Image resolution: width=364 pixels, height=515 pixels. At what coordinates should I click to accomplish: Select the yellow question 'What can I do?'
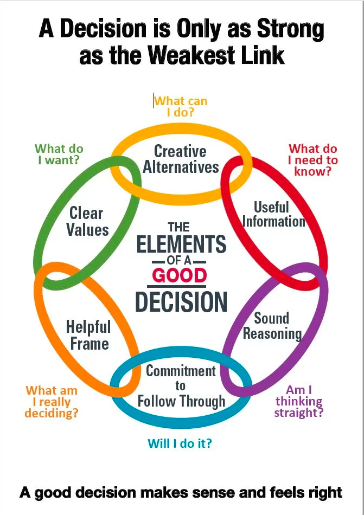181,107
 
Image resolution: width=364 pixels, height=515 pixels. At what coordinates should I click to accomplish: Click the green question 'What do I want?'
59,154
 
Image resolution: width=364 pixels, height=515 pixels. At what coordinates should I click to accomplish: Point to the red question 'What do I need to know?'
312,160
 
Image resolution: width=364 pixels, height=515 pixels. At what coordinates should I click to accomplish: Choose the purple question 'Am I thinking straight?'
298,401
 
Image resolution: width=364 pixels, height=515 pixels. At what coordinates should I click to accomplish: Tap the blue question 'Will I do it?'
180,443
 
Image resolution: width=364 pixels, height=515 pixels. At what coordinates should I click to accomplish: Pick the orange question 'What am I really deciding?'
52,402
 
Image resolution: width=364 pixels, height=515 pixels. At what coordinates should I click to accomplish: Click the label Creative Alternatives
181,159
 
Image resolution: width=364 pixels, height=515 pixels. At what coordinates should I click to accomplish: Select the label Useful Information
273,214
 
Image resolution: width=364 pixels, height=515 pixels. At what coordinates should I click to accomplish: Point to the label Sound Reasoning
272,325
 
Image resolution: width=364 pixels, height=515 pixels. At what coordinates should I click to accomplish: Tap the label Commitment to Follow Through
181,386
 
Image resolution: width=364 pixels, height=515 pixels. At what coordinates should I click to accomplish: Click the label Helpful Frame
88,335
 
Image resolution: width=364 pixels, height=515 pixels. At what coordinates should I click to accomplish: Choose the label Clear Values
87,221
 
